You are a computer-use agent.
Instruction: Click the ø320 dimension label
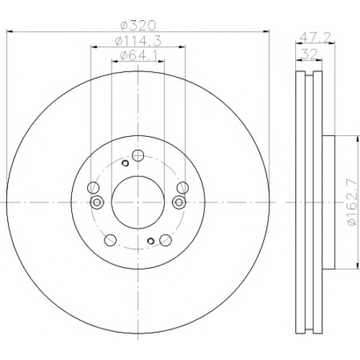(138, 26)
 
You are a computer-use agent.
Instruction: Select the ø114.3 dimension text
(138, 41)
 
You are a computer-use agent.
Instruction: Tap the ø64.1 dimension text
(138, 56)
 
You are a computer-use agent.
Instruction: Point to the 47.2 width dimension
(315, 37)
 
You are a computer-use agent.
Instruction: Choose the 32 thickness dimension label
(310, 54)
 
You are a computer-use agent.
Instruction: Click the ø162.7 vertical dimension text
(352, 202)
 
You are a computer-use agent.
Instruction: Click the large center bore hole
(138, 202)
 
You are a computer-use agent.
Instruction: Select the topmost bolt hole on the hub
(138, 156)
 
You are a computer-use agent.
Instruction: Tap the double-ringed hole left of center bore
(96, 202)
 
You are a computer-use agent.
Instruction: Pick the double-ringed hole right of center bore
(179, 202)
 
